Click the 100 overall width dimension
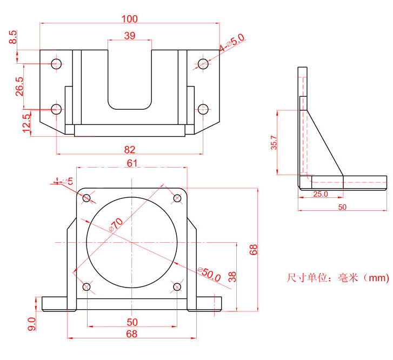click(130, 19)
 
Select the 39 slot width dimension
click(130, 36)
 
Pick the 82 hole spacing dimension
click(130, 149)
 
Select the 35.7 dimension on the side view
click(274, 143)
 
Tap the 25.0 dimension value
click(320, 194)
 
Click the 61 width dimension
click(132, 163)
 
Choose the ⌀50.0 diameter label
click(209, 274)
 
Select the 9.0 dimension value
click(31, 324)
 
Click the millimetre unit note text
click(337, 278)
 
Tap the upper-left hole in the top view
click(57, 64)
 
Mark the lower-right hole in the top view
click(203, 109)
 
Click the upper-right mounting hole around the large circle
click(177, 198)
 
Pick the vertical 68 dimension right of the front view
click(254, 249)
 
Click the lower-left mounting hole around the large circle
click(86, 286)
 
